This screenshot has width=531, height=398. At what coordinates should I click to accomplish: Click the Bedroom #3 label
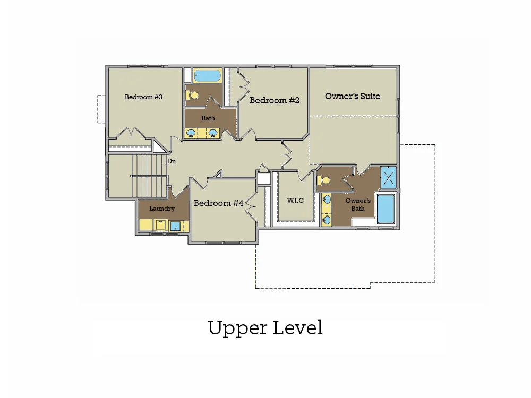[143, 97]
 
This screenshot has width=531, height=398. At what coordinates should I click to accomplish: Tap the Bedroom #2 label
[275, 100]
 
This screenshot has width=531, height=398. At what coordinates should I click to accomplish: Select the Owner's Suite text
[353, 96]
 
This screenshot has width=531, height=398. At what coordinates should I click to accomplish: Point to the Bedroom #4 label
[218, 203]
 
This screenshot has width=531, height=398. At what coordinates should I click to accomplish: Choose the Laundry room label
[161, 209]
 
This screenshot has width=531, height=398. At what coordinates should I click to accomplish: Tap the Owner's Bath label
[358, 204]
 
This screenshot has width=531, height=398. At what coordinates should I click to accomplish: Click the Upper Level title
[265, 327]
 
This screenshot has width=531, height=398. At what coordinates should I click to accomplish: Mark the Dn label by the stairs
[172, 161]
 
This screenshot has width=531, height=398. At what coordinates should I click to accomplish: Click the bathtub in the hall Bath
[207, 76]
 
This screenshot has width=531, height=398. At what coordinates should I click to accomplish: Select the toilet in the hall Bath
[192, 96]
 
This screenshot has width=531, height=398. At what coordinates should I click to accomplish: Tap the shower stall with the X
[389, 176]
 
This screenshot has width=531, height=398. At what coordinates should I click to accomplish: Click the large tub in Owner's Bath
[387, 209]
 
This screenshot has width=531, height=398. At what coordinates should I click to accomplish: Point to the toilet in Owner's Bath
[323, 180]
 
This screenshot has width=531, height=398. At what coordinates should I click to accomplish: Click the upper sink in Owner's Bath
[327, 200]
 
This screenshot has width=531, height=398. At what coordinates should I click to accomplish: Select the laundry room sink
[175, 227]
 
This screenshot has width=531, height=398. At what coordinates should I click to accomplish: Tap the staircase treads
[150, 175]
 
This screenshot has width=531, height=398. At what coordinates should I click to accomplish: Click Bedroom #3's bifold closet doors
[131, 134]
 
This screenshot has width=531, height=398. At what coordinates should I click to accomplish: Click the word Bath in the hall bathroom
[208, 118]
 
